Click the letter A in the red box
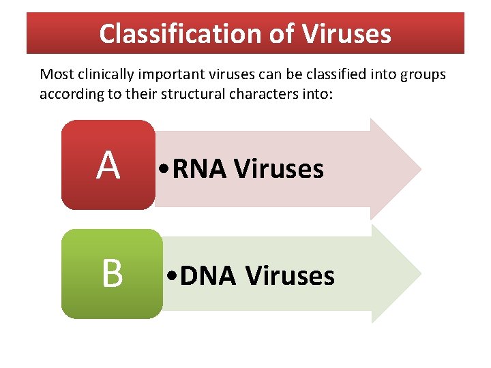click(x=108, y=166)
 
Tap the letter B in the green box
click(x=113, y=274)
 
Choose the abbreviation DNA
click(x=208, y=276)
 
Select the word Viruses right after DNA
click(x=290, y=276)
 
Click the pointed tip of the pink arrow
click(x=419, y=168)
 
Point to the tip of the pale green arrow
click(x=419, y=274)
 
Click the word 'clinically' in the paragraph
click(x=98, y=74)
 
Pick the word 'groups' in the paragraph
click(x=421, y=74)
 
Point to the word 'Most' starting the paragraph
click(x=53, y=74)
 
